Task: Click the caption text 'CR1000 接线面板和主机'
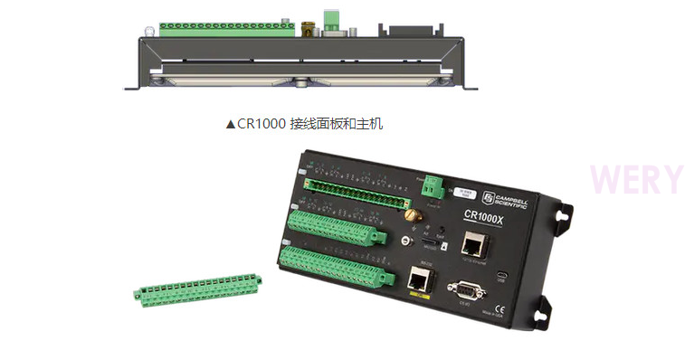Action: click(x=304, y=123)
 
